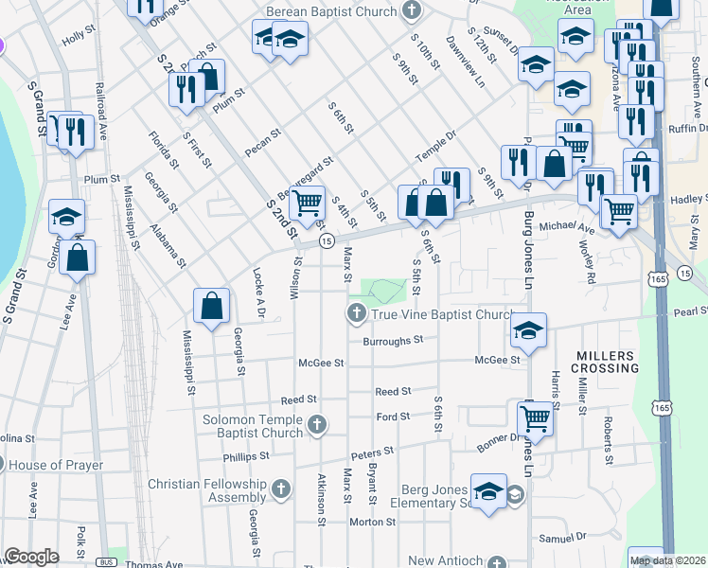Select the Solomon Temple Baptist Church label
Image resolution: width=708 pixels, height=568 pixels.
pos(253,426)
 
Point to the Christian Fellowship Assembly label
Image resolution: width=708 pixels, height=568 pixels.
pos(207,490)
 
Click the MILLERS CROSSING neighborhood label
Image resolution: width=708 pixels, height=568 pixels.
pos(607,361)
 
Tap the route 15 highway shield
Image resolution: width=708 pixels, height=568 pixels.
pos(326,242)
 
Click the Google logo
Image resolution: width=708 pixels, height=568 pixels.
pos(31,557)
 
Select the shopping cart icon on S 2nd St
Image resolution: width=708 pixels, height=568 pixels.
pos(306,203)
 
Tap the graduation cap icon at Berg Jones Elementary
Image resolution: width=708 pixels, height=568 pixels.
pos(488,492)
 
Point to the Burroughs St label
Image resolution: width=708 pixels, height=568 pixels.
pos(393,341)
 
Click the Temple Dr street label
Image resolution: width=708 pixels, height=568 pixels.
pos(436,144)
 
